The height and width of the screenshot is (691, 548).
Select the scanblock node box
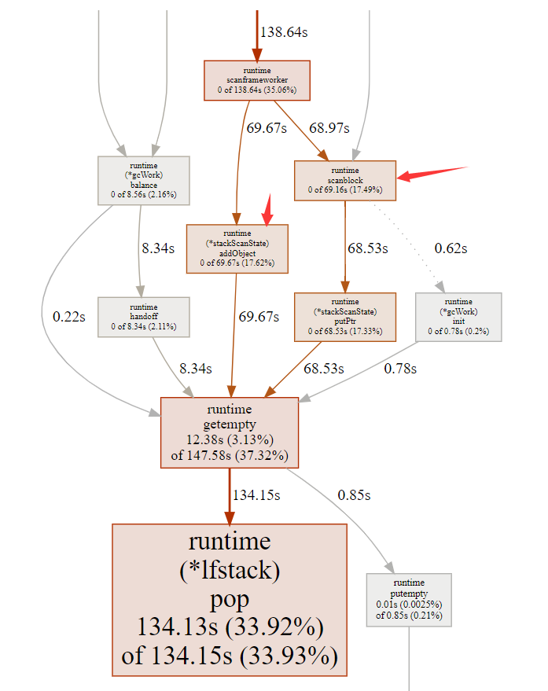[x=344, y=180]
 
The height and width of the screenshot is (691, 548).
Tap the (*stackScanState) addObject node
[x=237, y=248]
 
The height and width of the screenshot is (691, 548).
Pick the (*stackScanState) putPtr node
[x=344, y=317]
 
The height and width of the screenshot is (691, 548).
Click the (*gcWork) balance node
[x=143, y=180]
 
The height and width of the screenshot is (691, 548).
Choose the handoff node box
[x=143, y=317]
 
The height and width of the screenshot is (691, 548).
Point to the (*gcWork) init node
[x=458, y=317]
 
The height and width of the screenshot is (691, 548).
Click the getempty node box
[x=230, y=432]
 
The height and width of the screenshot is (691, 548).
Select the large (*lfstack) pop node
[x=230, y=599]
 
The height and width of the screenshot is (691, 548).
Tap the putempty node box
[x=409, y=599]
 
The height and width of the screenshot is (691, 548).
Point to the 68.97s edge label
[x=329, y=128]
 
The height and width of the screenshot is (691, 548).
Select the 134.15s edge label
[x=256, y=495]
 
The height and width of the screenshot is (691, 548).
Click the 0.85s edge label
[x=354, y=495]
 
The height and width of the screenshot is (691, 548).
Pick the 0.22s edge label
[x=69, y=317]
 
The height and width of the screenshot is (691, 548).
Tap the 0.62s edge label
[x=451, y=248]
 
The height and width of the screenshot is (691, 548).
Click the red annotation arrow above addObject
[x=267, y=209]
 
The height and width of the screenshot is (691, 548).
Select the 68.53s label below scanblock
[x=369, y=248]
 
